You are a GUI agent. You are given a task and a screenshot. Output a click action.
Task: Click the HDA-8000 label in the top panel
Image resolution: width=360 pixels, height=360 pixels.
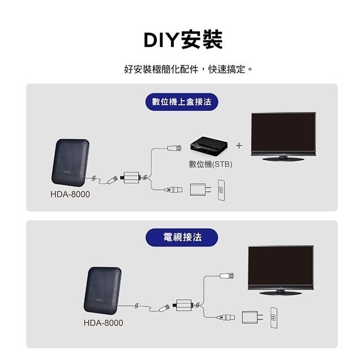tap(70, 195)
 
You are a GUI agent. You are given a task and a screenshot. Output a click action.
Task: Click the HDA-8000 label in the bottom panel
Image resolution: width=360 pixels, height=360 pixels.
tap(104, 323)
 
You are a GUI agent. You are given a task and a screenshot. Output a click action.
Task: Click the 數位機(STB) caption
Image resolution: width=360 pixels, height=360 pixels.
tap(210, 164)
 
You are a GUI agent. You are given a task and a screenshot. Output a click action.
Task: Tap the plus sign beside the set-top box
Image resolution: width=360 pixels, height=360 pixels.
tap(239, 146)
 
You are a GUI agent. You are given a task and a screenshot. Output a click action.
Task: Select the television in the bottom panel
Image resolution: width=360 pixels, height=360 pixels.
tap(280, 270)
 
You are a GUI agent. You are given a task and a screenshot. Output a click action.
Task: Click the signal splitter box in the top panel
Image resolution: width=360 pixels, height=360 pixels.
tap(132, 178)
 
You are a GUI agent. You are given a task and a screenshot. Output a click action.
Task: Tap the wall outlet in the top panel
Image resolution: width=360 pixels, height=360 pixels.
tap(222, 189)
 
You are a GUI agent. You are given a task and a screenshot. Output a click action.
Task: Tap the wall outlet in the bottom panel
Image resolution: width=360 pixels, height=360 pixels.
tap(273, 317)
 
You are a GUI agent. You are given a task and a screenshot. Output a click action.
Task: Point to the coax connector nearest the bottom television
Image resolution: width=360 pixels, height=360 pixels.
tap(227, 275)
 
